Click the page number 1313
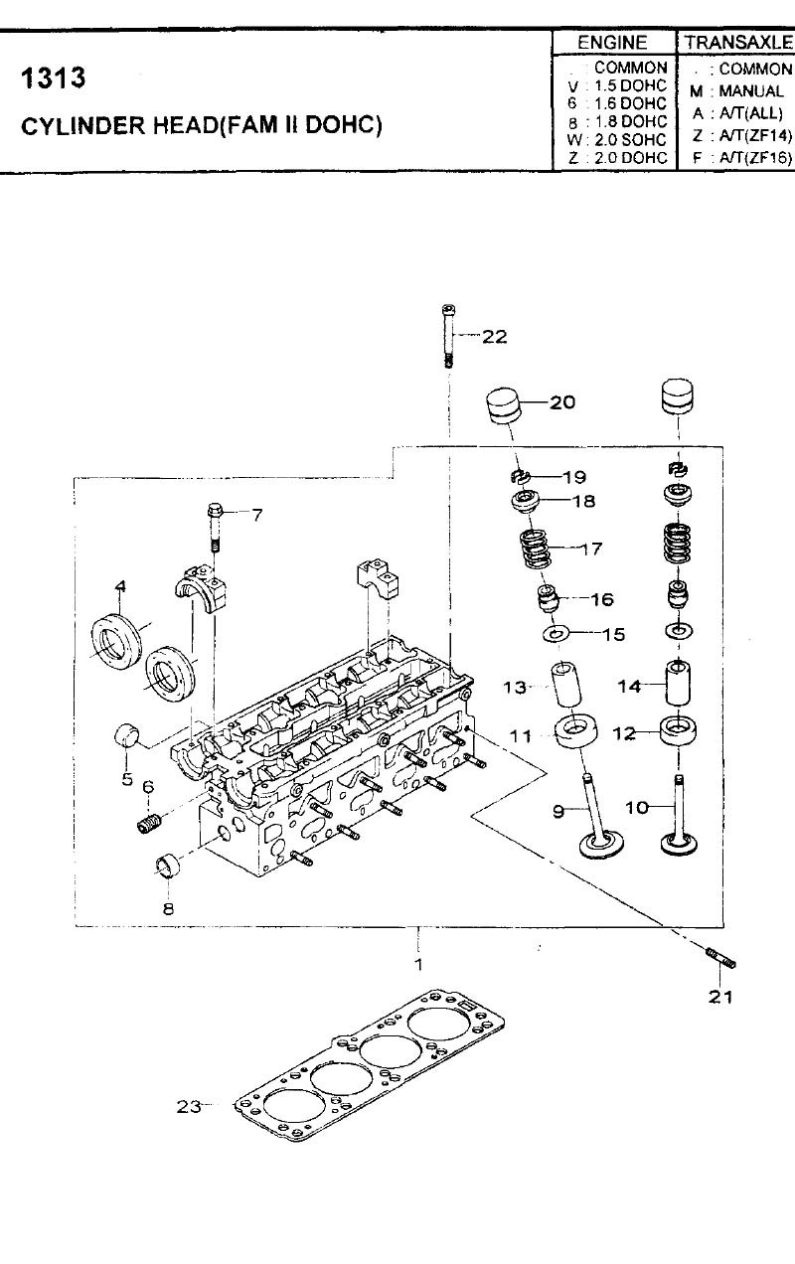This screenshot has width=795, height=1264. (53, 78)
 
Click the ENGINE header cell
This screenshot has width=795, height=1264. (613, 43)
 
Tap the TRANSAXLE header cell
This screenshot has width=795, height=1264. (736, 43)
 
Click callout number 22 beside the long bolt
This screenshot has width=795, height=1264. (494, 337)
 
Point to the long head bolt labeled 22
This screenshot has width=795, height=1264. (448, 336)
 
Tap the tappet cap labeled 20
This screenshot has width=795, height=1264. (503, 405)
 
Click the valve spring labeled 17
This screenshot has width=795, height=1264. (536, 548)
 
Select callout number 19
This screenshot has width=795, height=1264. (574, 477)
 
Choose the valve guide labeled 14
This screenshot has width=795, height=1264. (678, 683)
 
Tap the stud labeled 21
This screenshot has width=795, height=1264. (720, 958)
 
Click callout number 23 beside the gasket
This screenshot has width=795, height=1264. (189, 1107)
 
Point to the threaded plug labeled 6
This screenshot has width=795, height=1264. (149, 824)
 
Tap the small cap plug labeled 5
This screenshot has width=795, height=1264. (127, 736)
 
